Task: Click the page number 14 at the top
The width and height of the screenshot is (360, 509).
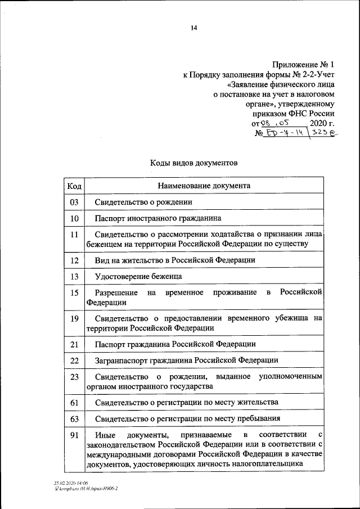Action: click(194, 28)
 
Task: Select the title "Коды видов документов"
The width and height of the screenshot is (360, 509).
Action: click(194, 163)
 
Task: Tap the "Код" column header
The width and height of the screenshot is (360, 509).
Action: click(74, 186)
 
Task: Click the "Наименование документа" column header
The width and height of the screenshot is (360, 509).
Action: click(204, 186)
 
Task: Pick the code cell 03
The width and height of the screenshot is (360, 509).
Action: click(74, 202)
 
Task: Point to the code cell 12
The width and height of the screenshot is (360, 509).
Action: click(74, 260)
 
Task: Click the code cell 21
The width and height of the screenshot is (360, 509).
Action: click(74, 344)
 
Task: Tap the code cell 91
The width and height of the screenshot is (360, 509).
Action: click(74, 435)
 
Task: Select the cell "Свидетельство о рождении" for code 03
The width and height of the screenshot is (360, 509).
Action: click(143, 202)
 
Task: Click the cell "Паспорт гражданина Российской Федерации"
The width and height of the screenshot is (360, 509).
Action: click(175, 344)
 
